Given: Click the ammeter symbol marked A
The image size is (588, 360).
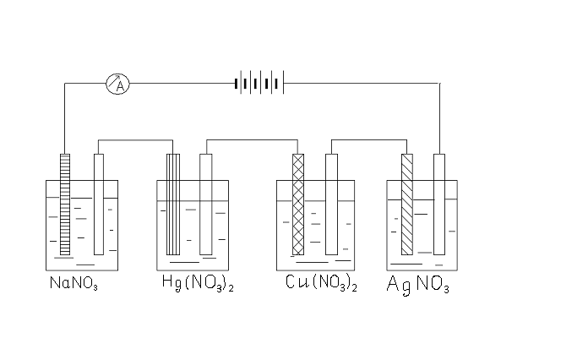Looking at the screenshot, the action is click(117, 84).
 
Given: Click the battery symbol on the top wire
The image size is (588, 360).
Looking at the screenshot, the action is click(259, 83).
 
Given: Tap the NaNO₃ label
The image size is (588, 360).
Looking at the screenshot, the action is click(73, 283).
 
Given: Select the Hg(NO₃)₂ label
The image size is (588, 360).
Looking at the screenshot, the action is click(198, 283).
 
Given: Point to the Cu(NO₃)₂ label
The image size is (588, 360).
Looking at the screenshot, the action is click(321, 283).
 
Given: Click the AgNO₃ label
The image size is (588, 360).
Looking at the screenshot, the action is click(417, 285).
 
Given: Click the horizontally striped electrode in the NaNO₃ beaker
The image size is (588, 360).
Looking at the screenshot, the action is click(65, 205).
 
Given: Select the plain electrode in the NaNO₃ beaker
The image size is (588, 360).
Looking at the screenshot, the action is click(99, 205).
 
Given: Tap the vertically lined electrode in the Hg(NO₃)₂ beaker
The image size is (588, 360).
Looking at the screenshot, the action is click(173, 205).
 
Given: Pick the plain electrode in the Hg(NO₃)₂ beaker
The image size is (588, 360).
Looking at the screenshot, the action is click(206, 205).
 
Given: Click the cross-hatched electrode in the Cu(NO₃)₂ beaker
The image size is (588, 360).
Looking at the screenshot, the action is click(298, 205).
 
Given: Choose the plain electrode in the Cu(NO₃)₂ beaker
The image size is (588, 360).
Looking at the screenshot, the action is click(331, 205).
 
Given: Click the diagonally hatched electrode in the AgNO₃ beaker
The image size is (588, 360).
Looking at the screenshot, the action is click(407, 205).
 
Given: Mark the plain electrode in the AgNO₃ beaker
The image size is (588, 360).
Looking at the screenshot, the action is click(439, 205).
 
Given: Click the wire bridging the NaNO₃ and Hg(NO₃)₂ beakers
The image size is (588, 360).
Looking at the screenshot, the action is click(135, 140).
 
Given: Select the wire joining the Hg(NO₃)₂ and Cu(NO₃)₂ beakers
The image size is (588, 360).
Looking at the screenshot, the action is click(252, 140).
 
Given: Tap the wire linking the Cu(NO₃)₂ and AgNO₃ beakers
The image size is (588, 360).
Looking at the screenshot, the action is click(369, 140).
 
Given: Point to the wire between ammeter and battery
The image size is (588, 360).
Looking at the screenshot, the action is click(182, 84).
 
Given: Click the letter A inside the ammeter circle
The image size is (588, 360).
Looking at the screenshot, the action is click(120, 87).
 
